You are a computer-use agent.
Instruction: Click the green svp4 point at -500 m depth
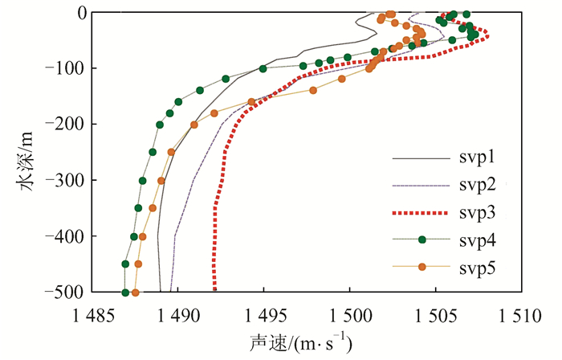125,292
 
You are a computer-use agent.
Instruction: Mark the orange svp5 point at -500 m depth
135,292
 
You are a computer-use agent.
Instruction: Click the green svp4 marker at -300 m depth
142,181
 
